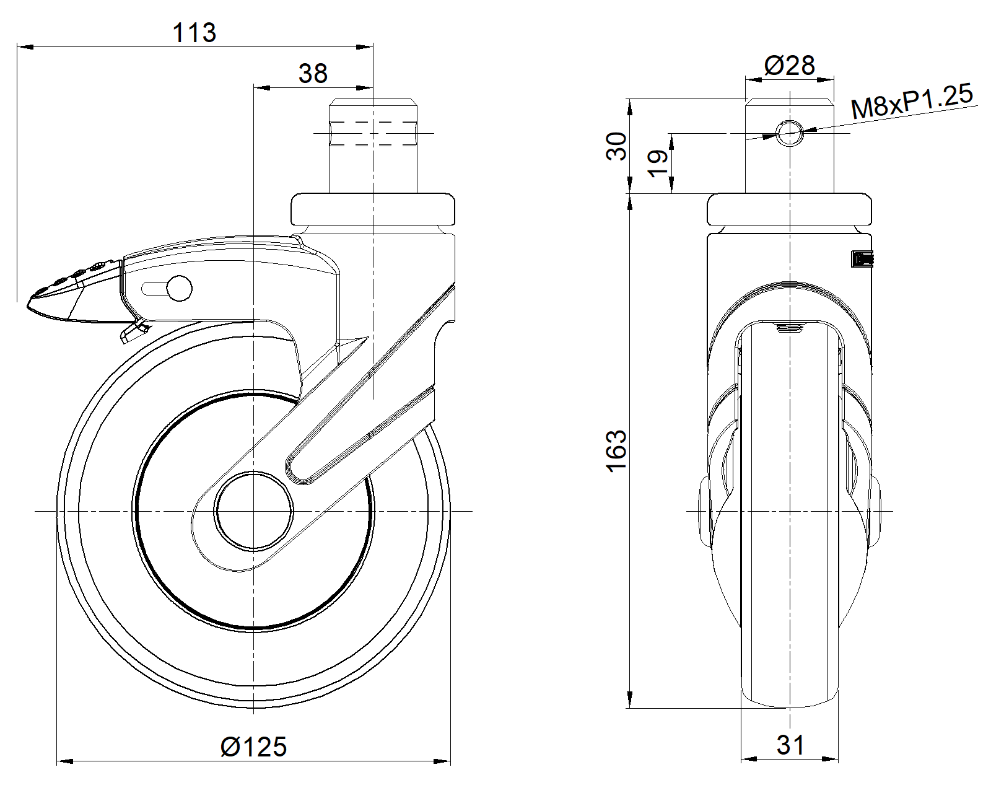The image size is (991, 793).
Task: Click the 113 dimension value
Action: (194, 33)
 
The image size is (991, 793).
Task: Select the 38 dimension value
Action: (313, 74)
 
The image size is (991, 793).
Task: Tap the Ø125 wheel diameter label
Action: (254, 747)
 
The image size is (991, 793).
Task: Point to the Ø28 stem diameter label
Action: (790, 66)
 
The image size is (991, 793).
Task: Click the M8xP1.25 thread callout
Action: (912, 102)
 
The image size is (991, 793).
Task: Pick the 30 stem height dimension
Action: (616, 146)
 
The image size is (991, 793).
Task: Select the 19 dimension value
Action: (658, 163)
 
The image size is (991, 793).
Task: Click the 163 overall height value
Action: (616, 450)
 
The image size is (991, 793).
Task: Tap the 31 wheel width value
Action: (791, 745)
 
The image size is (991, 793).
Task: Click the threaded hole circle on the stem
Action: (790, 133)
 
